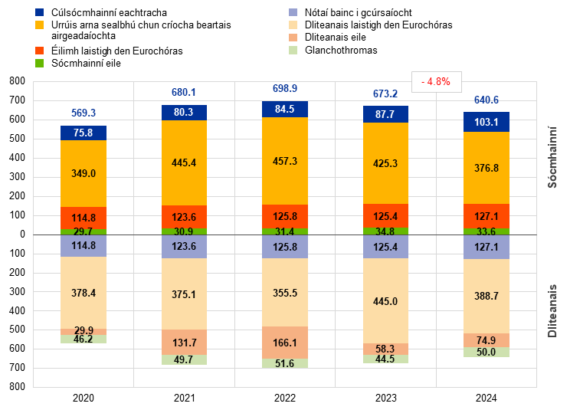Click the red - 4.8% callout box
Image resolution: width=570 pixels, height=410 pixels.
(437, 81)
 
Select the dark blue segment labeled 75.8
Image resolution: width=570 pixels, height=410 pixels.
(84, 133)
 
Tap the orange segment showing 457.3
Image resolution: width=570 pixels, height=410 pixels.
(285, 161)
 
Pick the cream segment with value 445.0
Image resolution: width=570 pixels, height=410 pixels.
(385, 301)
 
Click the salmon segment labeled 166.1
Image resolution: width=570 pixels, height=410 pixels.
(285, 343)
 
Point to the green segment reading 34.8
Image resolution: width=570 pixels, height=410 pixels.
(385, 231)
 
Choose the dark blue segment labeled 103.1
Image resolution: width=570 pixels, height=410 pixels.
(486, 122)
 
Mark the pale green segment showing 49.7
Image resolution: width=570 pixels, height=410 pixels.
(185, 359)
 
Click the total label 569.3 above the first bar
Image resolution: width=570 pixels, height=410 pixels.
(84, 113)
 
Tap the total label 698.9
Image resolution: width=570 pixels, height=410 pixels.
(285, 89)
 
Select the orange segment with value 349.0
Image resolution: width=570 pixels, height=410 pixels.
(84, 174)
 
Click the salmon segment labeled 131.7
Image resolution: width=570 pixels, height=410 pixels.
(185, 342)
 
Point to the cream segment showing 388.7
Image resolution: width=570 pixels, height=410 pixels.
(486, 296)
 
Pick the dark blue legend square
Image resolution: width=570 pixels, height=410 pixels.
(40, 12)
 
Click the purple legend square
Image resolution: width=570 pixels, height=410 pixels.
(293, 12)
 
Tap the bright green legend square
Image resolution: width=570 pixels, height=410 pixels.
(40, 63)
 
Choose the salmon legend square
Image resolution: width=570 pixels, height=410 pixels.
(293, 38)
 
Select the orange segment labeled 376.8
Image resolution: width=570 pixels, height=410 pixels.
(486, 168)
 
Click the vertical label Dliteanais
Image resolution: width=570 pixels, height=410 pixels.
(552, 310)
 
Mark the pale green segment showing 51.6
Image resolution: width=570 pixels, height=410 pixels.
(285, 363)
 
